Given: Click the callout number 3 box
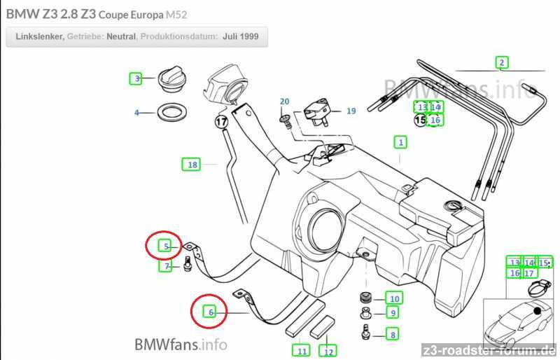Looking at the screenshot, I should coord(138,78).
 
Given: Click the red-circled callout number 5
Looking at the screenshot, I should coord(166,246).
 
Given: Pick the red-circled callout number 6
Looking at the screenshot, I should coord(210,312).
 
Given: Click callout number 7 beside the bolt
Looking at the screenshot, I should coord(167,266).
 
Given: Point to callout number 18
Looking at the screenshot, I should coord(191,165).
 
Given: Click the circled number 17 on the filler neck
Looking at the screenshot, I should coord(222,121).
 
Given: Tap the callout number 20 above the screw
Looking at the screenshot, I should coord(284,102).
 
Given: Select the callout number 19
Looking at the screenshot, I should coord(351,111).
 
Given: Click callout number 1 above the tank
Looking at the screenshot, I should coord(400,143).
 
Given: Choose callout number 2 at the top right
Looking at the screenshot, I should coord(502,62).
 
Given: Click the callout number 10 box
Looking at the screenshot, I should coord(394,298).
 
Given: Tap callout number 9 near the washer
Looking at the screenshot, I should coord(393,313).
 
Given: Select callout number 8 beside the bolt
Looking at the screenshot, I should coord(393,335).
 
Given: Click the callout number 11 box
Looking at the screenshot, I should coord(301,350).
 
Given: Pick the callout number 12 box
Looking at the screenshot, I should coord(328,351).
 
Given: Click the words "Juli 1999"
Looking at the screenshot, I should coord(240,36).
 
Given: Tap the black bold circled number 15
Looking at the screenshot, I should coord(420,120).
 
